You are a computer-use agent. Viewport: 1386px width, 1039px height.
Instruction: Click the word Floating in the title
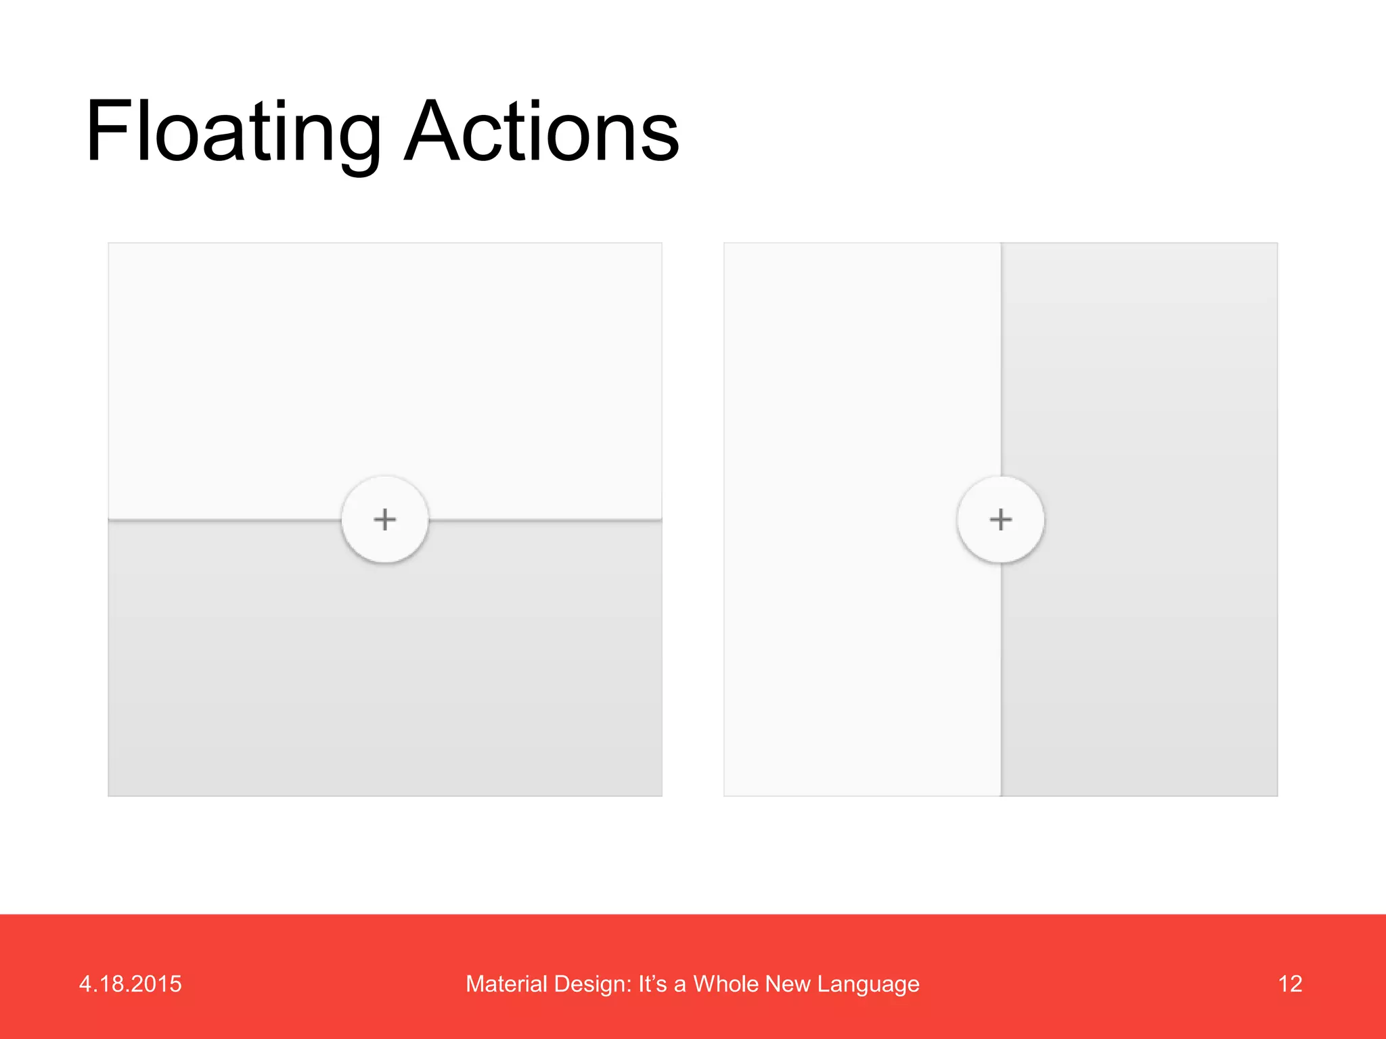click(233, 132)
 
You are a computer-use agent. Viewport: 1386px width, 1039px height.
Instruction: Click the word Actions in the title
click(541, 132)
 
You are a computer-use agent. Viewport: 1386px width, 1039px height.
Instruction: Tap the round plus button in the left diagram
click(385, 519)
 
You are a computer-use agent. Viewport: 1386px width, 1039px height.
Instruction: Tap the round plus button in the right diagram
click(1000, 519)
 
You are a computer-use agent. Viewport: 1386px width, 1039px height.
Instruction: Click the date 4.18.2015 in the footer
click(130, 984)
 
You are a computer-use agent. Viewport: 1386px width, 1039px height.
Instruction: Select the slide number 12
click(1290, 984)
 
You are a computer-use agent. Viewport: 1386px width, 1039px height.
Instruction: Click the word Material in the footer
click(506, 984)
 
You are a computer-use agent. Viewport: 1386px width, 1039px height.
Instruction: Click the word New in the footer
click(788, 984)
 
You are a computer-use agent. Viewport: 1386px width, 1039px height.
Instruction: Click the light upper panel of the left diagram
click(385, 365)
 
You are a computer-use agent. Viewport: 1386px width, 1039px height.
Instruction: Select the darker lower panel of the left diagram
click(385, 676)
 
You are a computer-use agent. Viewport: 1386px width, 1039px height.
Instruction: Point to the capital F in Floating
click(112, 132)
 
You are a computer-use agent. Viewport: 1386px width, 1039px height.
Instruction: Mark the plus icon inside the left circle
click(385, 519)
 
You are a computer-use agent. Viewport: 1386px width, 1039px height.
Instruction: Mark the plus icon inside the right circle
click(1000, 519)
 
